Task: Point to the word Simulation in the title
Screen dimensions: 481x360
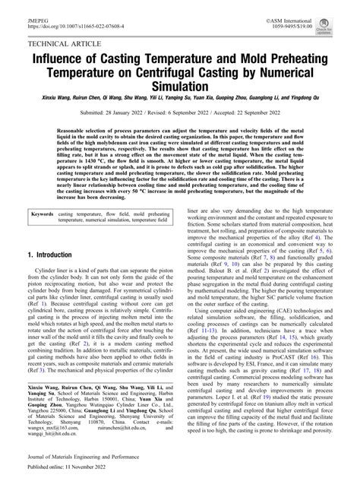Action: coord(179,88)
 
